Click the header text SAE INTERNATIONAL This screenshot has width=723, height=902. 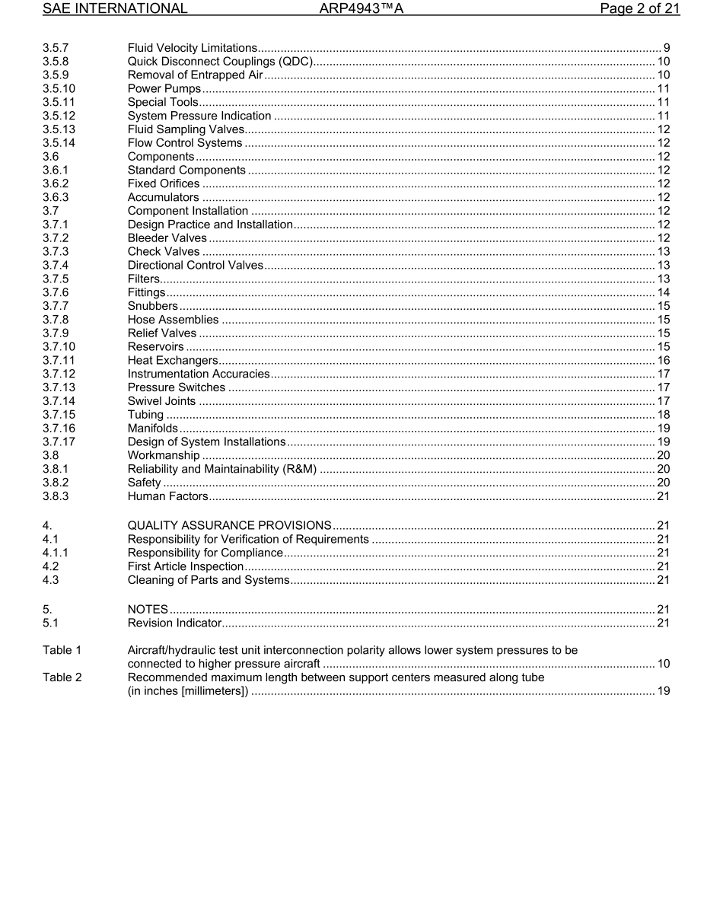pyautogui.click(x=115, y=9)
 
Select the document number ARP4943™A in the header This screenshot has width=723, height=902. pyautogui.click(x=361, y=9)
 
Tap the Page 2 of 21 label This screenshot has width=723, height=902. pyautogui.click(x=639, y=9)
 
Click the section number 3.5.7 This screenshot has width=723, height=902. pyautogui.click(x=56, y=49)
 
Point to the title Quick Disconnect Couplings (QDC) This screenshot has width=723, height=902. pyautogui.click(x=221, y=62)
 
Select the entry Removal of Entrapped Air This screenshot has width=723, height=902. pyautogui.click(x=195, y=75)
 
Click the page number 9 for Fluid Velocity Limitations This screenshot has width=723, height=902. pyautogui.click(x=667, y=49)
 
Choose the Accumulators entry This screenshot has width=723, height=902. pyautogui.click(x=163, y=198)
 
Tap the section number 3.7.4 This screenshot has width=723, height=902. pyautogui.click(x=56, y=266)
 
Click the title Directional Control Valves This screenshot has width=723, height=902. pyautogui.click(x=195, y=266)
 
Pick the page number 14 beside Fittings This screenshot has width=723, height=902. pyautogui.click(x=663, y=292)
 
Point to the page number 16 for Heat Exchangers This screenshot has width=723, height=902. pyautogui.click(x=663, y=361)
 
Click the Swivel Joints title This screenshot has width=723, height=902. pyautogui.click(x=161, y=401)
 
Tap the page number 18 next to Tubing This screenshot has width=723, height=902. pyautogui.click(x=663, y=415)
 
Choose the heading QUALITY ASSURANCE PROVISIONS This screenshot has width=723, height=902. pyautogui.click(x=229, y=526)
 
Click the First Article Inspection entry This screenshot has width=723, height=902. pyautogui.click(x=186, y=567)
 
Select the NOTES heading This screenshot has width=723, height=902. pyautogui.click(x=148, y=610)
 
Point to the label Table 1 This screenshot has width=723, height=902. pyautogui.click(x=62, y=651)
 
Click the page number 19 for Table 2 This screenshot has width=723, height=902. pyautogui.click(x=663, y=691)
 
